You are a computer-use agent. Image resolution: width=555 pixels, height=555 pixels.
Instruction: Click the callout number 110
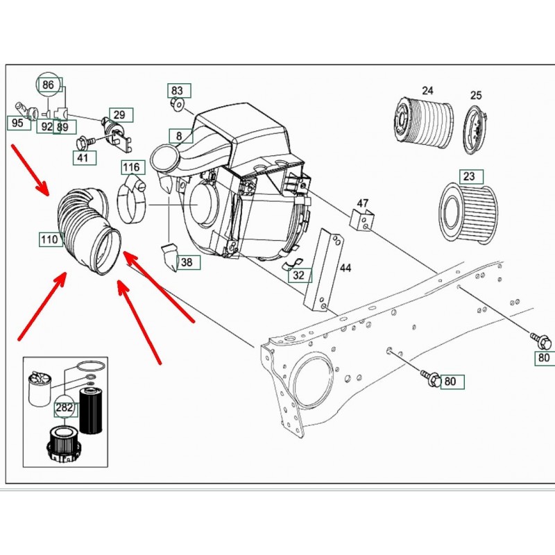click(x=49, y=240)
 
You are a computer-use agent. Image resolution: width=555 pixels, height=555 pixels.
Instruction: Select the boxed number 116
click(x=131, y=167)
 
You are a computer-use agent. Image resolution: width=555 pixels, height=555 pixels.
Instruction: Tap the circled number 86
click(x=48, y=85)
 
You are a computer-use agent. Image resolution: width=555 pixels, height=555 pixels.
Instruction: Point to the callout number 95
click(x=17, y=123)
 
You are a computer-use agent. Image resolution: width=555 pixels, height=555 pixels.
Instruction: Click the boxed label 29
click(x=119, y=115)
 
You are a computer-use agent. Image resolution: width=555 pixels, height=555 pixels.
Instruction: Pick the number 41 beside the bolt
click(x=83, y=158)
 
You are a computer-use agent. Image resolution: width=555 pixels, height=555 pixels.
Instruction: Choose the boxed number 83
click(x=178, y=91)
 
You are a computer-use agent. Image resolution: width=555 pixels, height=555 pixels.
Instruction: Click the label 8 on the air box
click(x=179, y=136)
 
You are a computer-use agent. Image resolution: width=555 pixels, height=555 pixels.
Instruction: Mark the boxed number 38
click(x=187, y=262)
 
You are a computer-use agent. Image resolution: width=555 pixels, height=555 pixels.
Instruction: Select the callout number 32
click(x=298, y=275)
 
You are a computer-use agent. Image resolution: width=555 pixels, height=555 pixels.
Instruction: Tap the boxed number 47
click(x=362, y=203)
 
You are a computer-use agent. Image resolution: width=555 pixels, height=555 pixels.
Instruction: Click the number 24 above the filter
click(x=427, y=90)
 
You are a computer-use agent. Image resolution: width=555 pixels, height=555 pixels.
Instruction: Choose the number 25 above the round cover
click(x=476, y=95)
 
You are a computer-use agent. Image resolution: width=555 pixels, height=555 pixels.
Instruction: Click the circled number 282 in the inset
click(x=64, y=408)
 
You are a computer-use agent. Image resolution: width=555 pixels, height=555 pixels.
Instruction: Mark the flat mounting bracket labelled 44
click(x=323, y=271)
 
